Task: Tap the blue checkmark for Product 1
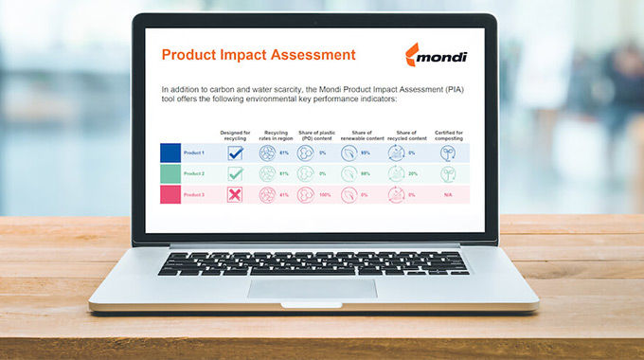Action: [x=236, y=153]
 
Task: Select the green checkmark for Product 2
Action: [x=236, y=173]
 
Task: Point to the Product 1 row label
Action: [x=193, y=153]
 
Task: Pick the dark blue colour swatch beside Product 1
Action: [x=170, y=153]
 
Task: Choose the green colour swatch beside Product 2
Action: [x=170, y=173]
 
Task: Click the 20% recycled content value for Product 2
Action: [x=412, y=173]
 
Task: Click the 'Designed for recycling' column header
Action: [x=236, y=135]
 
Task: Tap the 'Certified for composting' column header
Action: [x=448, y=135]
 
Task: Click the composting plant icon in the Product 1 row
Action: [x=447, y=153]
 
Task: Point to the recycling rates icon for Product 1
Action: [x=267, y=153]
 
